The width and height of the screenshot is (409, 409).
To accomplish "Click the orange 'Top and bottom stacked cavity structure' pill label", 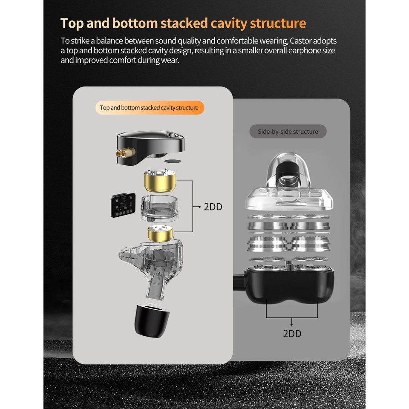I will pyautogui.click(x=149, y=108).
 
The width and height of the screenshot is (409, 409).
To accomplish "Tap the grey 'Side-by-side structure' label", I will pyautogui.click(x=288, y=132).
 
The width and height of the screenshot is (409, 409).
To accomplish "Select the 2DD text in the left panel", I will pyautogui.click(x=213, y=207).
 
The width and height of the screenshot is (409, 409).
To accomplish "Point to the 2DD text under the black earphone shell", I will pyautogui.click(x=292, y=333).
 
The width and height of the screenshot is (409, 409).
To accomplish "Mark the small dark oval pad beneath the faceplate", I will pyautogui.click(x=173, y=161).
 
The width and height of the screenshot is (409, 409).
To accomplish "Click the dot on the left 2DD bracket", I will pyautogui.click(x=199, y=207).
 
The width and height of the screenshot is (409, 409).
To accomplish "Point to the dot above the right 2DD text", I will pyautogui.click(x=292, y=324).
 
